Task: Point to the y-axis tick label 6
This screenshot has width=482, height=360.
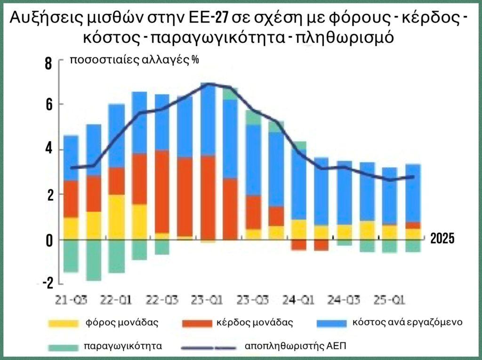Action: pyautogui.click(x=48, y=104)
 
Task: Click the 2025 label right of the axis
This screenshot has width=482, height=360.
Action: pyautogui.click(x=442, y=239)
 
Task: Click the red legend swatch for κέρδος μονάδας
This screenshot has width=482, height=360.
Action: pyautogui.click(x=195, y=323)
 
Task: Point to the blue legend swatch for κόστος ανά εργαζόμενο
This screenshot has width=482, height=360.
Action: pyautogui.click(x=329, y=323)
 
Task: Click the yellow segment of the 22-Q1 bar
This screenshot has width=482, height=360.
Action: pyautogui.click(x=116, y=216)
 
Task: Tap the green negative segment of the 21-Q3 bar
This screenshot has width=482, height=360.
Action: pyautogui.click(x=71, y=256)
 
